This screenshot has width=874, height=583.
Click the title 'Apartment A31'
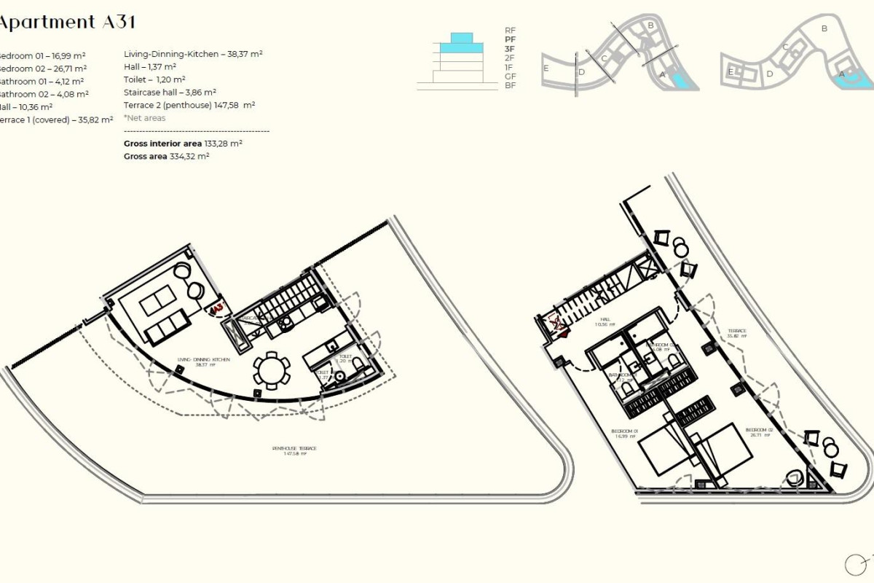tap(67, 22)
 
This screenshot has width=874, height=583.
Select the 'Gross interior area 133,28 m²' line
tap(183, 144)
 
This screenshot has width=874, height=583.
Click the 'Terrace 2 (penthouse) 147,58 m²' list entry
tap(189, 105)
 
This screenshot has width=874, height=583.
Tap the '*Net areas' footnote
tap(145, 118)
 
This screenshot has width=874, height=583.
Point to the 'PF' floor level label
tap(510, 39)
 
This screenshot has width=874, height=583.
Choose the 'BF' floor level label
tap(510, 85)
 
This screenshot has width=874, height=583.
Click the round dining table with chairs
tap(272, 371)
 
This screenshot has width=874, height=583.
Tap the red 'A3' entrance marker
tap(216, 310)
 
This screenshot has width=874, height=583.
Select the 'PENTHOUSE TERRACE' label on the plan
tap(294, 451)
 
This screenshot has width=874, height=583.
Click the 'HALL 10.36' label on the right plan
tap(605, 321)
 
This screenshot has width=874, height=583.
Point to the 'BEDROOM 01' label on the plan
tap(624, 434)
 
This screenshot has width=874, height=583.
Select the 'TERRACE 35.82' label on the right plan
tap(736, 333)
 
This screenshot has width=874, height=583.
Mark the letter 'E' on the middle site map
tap(546, 68)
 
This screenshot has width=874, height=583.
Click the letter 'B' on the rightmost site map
tap(824, 29)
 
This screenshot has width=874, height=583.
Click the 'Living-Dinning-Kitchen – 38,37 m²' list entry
tap(193, 54)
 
